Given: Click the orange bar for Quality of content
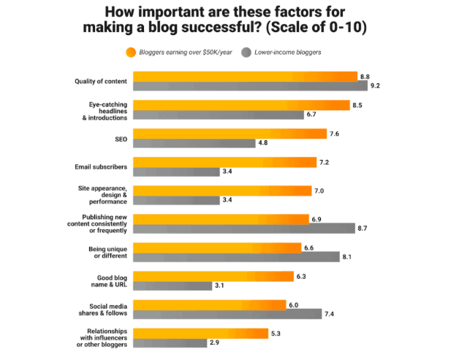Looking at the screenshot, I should tap(244, 76).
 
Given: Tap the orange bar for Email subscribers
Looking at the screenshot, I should tap(224, 162).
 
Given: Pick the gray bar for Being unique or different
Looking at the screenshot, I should tap(236, 257).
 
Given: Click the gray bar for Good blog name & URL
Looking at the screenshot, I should tap(172, 286).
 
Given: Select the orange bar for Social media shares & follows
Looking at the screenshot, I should tap(209, 305).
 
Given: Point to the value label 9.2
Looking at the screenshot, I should tap(376, 85).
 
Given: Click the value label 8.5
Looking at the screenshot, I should tap(357, 105).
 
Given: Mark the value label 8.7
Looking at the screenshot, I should tap(363, 229).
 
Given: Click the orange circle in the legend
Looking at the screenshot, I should tap(131, 53).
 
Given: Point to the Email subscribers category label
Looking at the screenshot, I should tap(102, 167).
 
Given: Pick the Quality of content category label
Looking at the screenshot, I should tap(101, 81).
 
